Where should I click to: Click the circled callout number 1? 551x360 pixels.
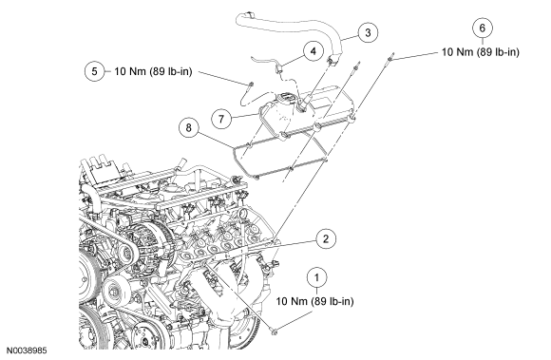click(317, 277)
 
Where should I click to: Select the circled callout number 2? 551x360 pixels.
click(326, 238)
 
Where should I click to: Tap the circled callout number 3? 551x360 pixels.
click(368, 32)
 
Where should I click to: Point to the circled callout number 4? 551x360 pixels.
click(313, 51)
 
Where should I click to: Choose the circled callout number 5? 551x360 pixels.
click(95, 71)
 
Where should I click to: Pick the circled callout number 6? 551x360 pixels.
click(483, 28)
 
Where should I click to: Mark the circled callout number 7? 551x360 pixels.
click(221, 119)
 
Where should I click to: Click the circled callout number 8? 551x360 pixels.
click(189, 127)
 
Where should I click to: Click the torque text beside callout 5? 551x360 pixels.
click(153, 71)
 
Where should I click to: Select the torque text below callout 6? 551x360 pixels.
click(481, 52)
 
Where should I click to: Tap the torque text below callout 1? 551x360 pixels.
click(314, 301)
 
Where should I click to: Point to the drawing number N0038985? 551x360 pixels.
click(27, 351)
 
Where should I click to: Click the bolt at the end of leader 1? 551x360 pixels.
click(275, 331)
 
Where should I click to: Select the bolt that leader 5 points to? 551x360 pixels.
click(251, 84)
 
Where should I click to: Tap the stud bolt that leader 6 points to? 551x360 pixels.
click(390, 57)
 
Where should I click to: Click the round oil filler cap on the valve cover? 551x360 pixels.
click(285, 98)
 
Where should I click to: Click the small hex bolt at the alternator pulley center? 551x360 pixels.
click(124, 252)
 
